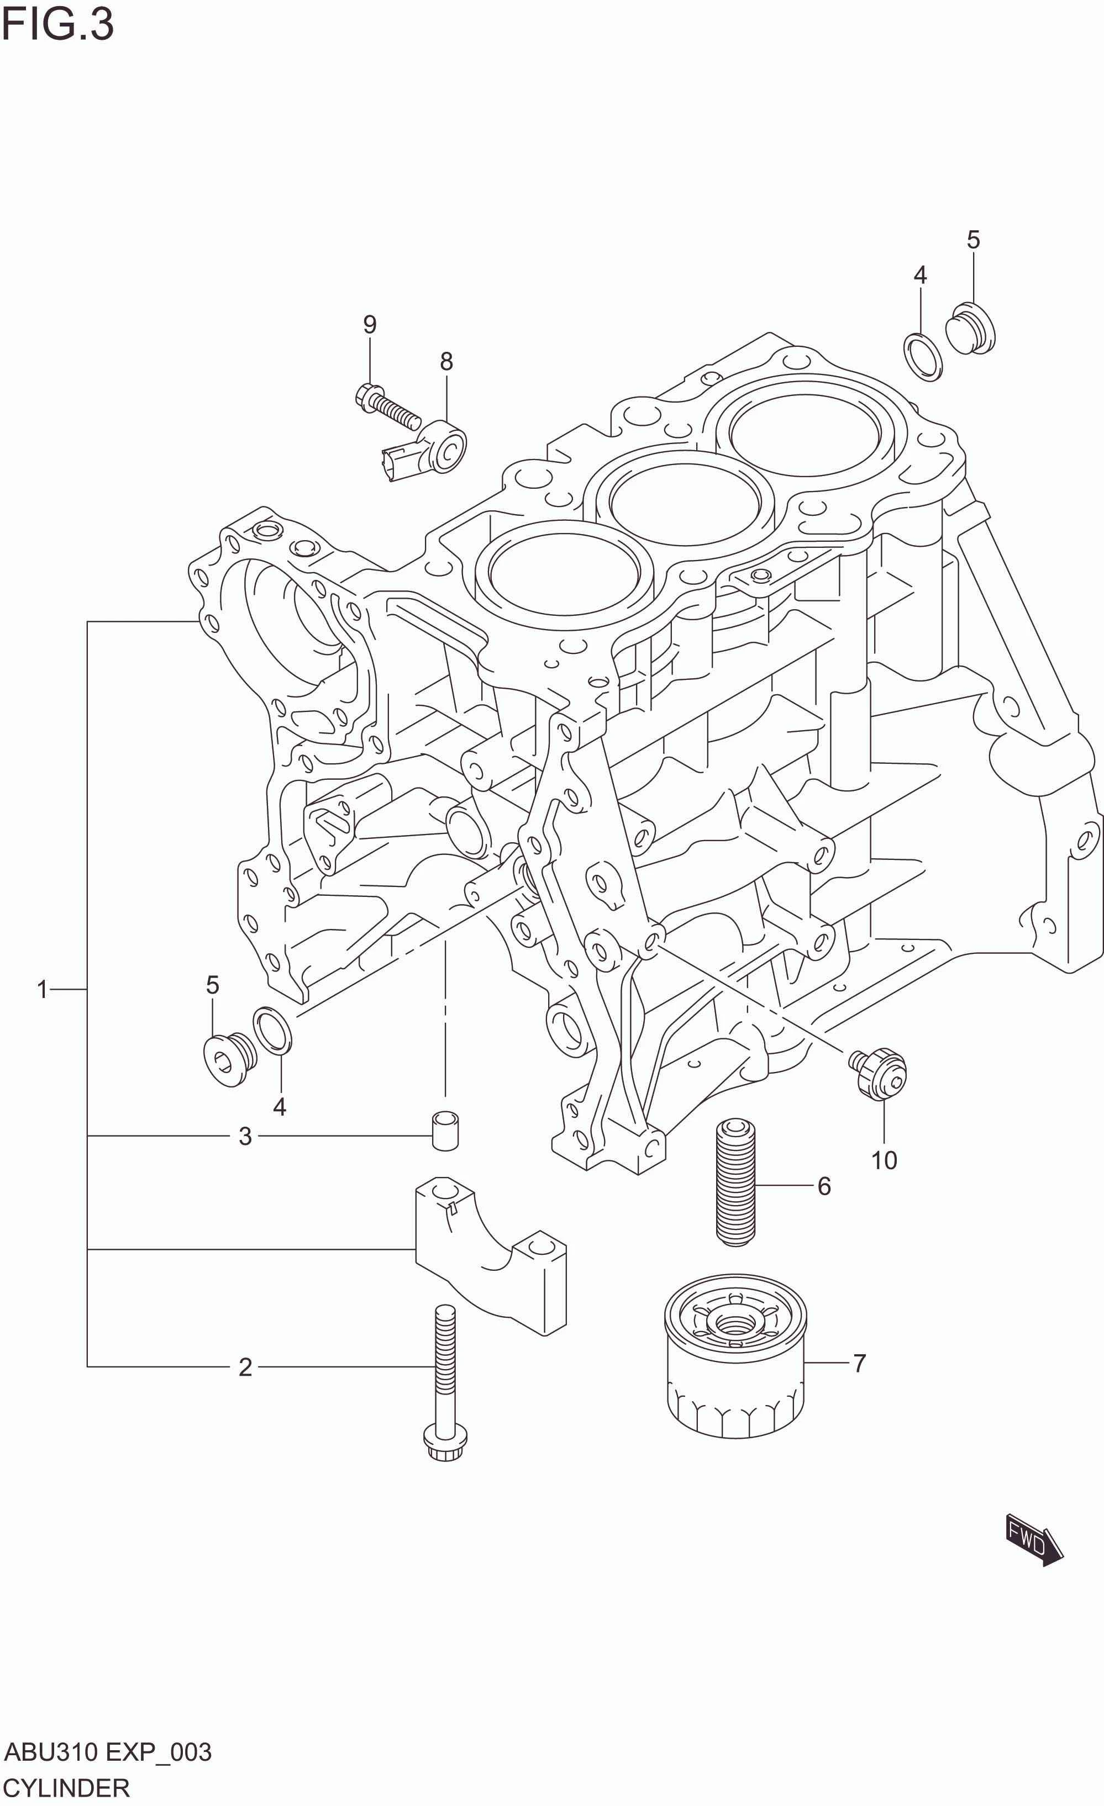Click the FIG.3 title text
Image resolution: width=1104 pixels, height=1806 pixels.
click(57, 25)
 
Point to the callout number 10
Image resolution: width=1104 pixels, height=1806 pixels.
click(884, 1160)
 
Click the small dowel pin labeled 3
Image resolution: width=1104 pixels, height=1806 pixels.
click(445, 1132)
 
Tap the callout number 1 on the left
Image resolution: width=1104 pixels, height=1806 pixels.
click(43, 990)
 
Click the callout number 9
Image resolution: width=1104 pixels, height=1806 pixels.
click(370, 324)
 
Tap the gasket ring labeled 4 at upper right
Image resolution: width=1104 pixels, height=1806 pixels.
click(923, 357)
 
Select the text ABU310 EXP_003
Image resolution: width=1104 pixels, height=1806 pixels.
click(108, 1752)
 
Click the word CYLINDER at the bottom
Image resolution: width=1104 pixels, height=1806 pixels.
click(66, 1788)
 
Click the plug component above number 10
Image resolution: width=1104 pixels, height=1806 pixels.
click(879, 1073)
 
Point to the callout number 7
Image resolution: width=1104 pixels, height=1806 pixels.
click(859, 1363)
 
